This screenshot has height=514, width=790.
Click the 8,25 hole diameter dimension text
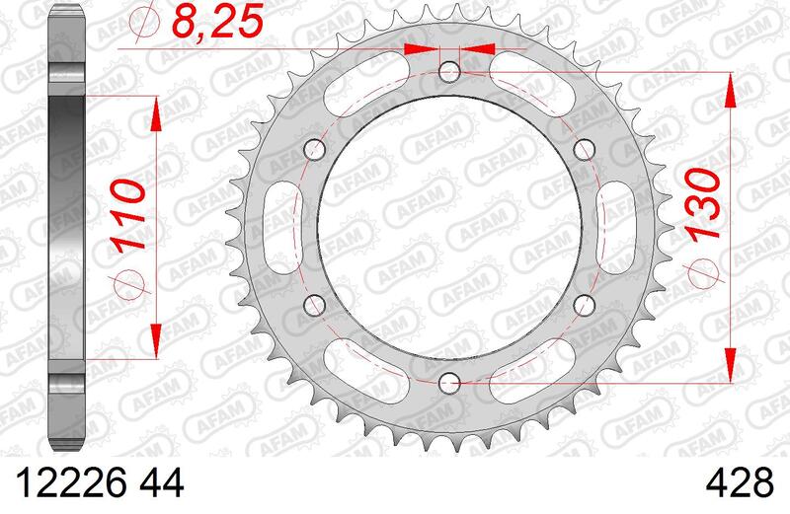click(x=218, y=22)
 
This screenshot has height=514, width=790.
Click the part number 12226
click(x=71, y=482)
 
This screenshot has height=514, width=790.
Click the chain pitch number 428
click(x=739, y=482)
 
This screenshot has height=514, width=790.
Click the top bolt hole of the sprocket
click(x=449, y=72)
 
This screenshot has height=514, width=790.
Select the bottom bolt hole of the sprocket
click(x=449, y=384)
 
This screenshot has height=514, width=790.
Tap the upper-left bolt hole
click(x=315, y=150)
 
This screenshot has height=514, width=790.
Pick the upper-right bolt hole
click(x=584, y=150)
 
